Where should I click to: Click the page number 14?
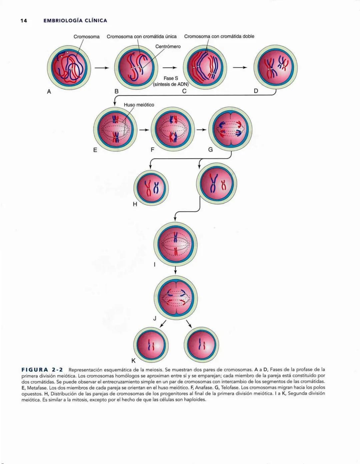[23, 21]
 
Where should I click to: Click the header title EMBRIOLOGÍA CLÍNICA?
[75, 21]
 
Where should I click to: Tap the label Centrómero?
[168, 46]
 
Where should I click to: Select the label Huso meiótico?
[139, 105]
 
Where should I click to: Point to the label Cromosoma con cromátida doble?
[219, 36]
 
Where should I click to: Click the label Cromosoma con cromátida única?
[142, 36]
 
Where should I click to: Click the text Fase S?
[171, 78]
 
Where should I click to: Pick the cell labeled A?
[69, 67]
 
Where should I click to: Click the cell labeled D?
[275, 67]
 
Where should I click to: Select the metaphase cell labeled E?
[115, 129]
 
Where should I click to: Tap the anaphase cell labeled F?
[173, 129]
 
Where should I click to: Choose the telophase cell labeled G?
[230, 129]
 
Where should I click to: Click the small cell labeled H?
[151, 188]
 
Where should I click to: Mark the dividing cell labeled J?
[176, 297]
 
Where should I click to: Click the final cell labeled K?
[151, 345]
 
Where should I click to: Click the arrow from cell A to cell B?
[102, 68]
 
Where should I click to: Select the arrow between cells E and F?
[144, 130]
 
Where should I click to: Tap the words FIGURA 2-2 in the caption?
[42, 370]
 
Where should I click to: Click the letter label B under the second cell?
[116, 91]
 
